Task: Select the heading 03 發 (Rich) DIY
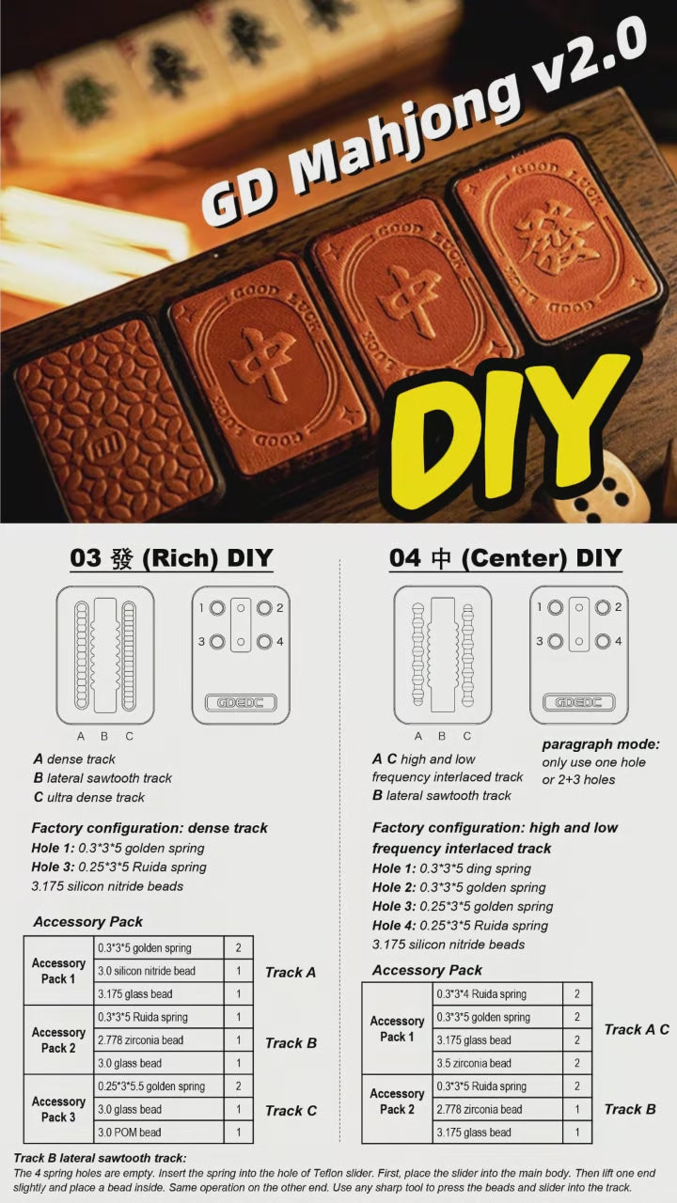coord(171,558)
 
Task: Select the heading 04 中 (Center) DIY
coord(506,558)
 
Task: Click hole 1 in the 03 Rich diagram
coord(217,608)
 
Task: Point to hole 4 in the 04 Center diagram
coord(603,641)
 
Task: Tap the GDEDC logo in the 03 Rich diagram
coord(241,702)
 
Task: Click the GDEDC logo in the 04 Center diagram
coord(578,702)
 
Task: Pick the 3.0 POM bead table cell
coord(159,1133)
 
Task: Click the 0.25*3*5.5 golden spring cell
coord(159,1086)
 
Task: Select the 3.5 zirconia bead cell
coord(497,1063)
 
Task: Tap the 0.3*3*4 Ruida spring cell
coord(497,994)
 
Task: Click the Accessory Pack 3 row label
coord(58,1109)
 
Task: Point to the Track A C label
coord(637,1029)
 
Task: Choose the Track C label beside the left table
coord(291,1110)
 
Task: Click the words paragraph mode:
coord(601,744)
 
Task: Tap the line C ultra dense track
coord(89,797)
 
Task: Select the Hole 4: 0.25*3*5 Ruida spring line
coord(460,926)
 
